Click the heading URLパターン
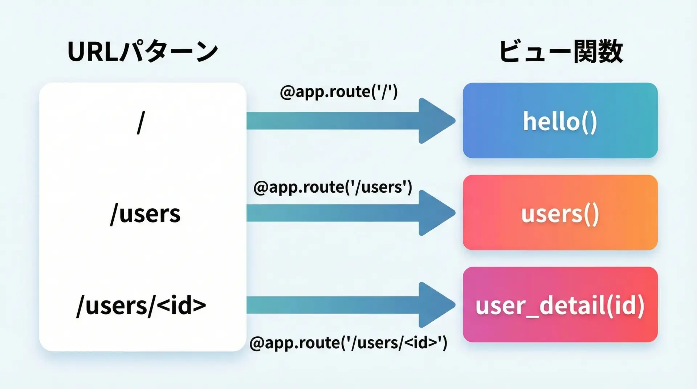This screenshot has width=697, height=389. point(142,52)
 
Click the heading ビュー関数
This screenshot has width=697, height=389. point(561,52)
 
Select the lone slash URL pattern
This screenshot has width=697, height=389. point(141,123)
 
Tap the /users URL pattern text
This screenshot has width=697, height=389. point(145,214)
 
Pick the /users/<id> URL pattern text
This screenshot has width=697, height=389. point(141,306)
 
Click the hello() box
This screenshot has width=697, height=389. point(560,121)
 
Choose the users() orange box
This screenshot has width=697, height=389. point(560,213)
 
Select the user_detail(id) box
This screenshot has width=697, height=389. point(560,305)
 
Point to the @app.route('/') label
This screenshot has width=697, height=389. point(339,92)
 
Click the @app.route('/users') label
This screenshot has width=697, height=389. point(333,187)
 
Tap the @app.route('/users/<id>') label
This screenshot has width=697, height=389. point(348,343)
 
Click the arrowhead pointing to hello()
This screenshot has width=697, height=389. point(436,121)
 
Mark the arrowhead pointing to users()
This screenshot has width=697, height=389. point(436,213)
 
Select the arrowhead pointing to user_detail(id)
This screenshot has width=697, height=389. point(436,305)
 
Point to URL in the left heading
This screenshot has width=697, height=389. point(93,52)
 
